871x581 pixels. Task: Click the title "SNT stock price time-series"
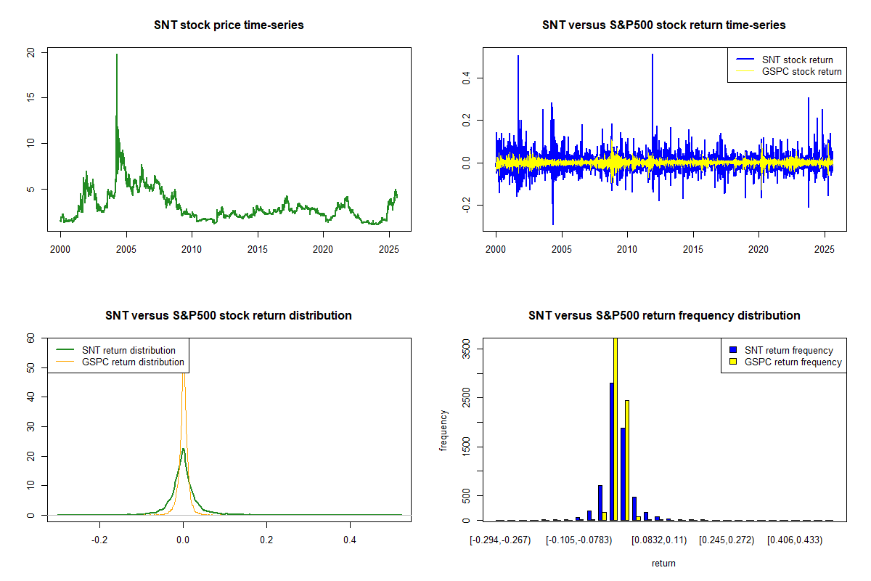coord(229,25)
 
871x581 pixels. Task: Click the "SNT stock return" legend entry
coord(797,60)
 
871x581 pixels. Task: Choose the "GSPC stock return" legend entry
coord(801,71)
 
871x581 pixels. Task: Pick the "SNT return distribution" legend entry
coord(128,350)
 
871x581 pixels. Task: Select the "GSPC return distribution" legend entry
coord(133,362)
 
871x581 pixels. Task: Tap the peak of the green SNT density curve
coord(183,450)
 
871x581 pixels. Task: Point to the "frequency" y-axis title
coord(443,430)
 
